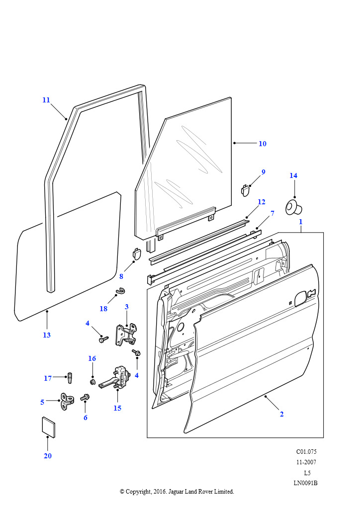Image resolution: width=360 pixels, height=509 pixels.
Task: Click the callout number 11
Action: coord(46,100)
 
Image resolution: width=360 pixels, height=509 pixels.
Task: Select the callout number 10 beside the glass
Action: coord(262,144)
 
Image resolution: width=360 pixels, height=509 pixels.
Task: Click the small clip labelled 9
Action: coord(246,190)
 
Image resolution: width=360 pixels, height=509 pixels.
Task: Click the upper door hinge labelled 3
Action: coord(127,334)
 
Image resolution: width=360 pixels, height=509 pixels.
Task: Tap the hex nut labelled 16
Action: coord(92,381)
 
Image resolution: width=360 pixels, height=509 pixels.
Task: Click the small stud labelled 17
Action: coord(70,378)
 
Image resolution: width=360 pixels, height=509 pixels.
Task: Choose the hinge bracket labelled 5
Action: coord(67,401)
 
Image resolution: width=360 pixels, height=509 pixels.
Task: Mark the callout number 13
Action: coord(47,335)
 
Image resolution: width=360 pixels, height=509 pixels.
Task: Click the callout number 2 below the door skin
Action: coord(281,414)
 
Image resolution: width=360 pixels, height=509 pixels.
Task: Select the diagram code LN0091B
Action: coord(305,483)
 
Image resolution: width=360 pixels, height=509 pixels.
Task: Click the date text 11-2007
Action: coord(306,462)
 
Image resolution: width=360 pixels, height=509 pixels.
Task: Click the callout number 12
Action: coord(262,202)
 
